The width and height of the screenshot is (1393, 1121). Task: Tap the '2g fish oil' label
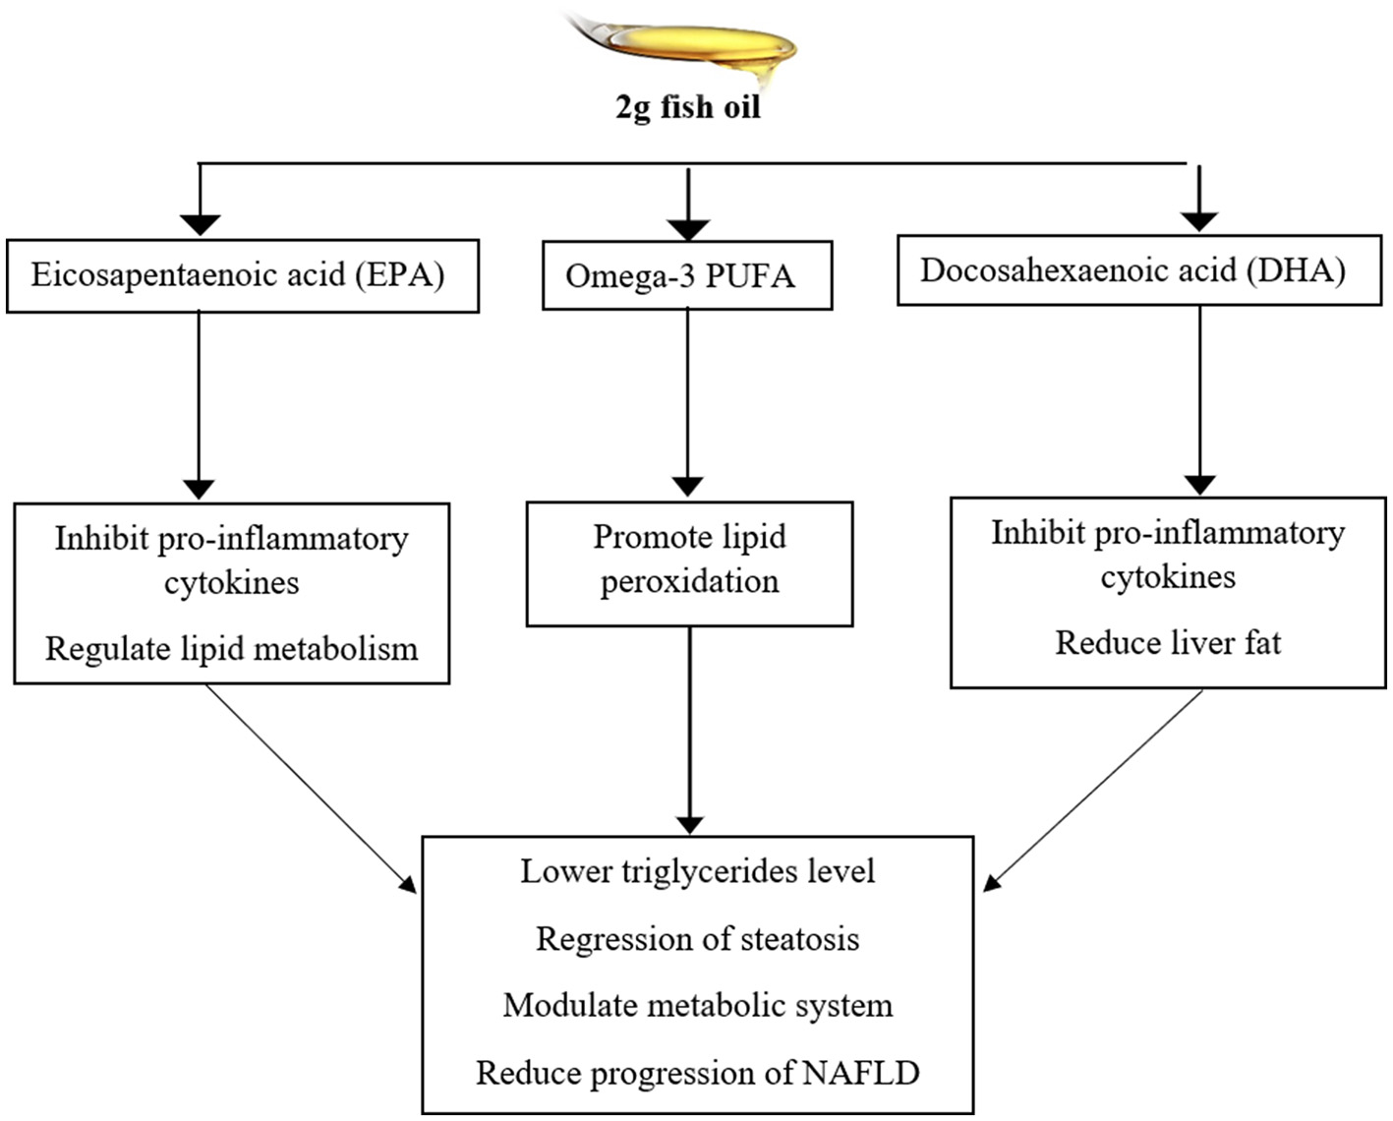(688, 107)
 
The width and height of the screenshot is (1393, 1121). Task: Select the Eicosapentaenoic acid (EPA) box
(242, 275)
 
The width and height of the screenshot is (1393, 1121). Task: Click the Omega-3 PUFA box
(686, 276)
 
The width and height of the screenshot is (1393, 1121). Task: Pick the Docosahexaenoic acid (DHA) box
(1138, 270)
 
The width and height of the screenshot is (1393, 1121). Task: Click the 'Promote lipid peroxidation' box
(689, 563)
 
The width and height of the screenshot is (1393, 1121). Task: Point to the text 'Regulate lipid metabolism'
(232, 649)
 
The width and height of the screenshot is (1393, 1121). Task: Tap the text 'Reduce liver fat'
(1168, 643)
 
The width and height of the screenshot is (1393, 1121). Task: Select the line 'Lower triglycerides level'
(697, 871)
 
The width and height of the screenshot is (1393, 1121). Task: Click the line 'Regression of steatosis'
(697, 939)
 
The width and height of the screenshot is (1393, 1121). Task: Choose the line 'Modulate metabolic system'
(697, 1005)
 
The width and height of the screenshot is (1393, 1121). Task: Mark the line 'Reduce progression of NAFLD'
(697, 1073)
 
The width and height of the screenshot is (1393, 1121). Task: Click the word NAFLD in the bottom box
(860, 1073)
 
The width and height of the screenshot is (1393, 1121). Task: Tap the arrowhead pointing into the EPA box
(200, 224)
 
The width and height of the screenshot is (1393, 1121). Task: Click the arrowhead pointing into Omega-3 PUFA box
(687, 228)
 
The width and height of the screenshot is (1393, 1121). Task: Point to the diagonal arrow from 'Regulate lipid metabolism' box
(310, 787)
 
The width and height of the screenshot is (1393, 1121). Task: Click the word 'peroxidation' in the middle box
(689, 582)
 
